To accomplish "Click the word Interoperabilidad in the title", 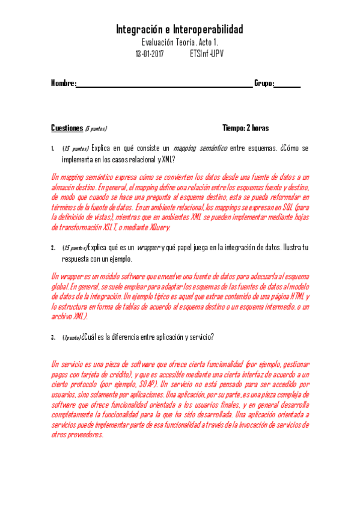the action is coord(208,29).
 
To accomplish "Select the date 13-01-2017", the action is coord(150,54).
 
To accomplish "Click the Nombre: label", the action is coord(63,83).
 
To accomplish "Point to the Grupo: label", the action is coord(264,83).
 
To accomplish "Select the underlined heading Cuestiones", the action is coord(66,128).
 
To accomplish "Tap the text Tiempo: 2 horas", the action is coord(245,128).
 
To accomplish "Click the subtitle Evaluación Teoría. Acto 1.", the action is coord(180,42).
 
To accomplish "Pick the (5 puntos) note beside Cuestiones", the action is coord(96,129).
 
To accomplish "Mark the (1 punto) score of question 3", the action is coord(71,337).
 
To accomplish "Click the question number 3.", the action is coord(53,337).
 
